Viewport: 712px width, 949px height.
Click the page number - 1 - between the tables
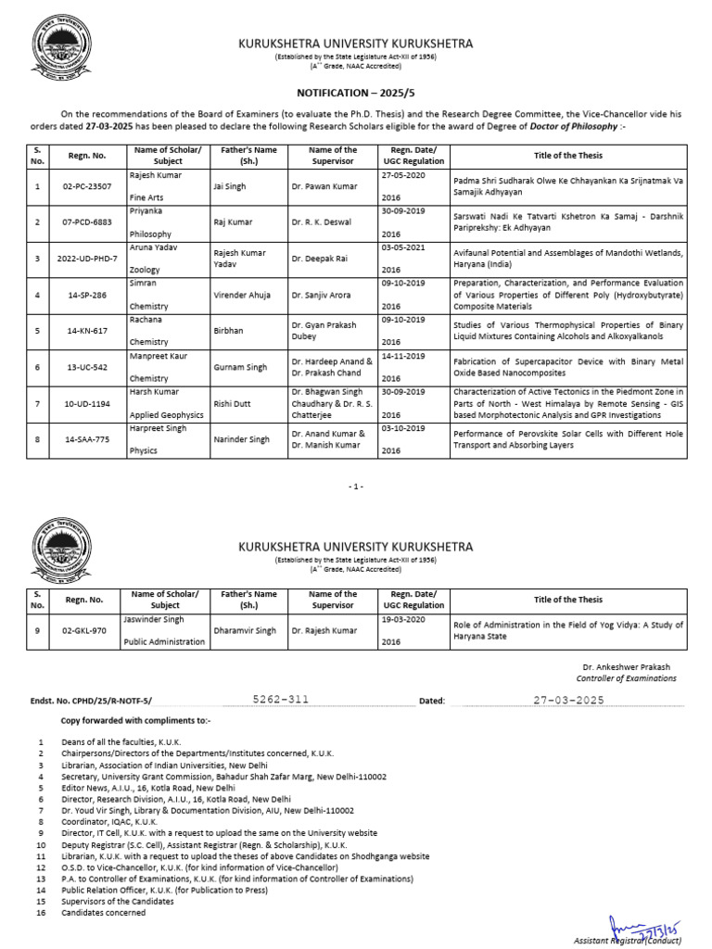(x=357, y=486)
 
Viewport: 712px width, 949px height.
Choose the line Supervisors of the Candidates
(x=117, y=901)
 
